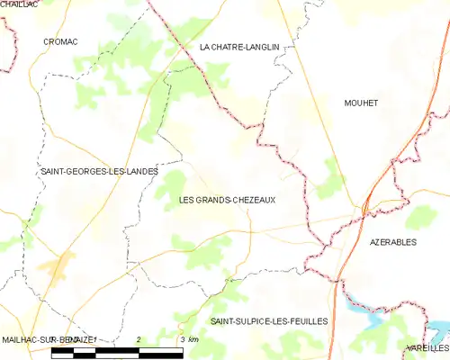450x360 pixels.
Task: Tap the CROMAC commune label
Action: [61, 41]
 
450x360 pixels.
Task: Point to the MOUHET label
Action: [361, 103]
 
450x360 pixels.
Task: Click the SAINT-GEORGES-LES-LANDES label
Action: [100, 171]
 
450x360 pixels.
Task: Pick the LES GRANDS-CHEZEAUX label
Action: [228, 200]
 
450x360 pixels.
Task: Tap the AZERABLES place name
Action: [393, 242]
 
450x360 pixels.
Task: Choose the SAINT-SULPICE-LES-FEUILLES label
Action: [268, 320]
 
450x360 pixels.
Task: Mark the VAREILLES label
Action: [427, 347]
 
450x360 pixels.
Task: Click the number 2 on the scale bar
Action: [139, 338]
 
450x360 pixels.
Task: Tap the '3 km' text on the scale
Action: [189, 338]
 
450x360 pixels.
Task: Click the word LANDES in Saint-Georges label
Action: [139, 171]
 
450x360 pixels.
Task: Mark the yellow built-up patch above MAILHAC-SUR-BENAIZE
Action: [60, 266]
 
